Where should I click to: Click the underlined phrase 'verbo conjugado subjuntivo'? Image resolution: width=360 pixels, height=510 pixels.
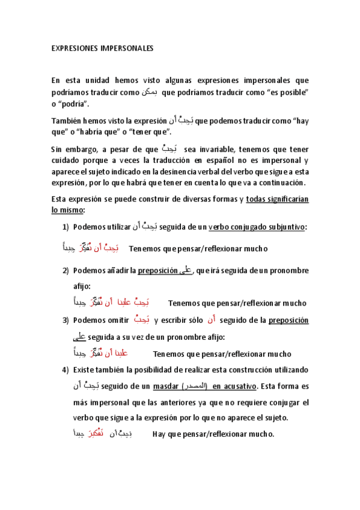[257, 227]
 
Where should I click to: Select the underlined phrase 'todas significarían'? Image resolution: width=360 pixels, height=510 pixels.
[277, 199]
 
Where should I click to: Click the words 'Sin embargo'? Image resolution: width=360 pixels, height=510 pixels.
[71, 148]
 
